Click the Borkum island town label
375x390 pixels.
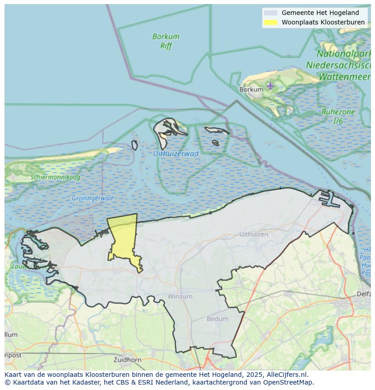point(251,90)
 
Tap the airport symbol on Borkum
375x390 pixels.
point(270,85)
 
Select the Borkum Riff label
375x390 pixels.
point(166,41)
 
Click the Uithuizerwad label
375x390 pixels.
point(176,154)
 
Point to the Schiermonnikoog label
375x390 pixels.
point(55,178)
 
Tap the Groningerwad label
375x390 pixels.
point(92,198)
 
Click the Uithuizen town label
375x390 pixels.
point(254,235)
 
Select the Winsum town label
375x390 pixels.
point(180,296)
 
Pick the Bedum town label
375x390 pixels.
point(217,319)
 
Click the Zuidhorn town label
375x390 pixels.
point(128,360)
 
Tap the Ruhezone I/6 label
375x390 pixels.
point(338,116)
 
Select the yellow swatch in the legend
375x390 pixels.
point(270,22)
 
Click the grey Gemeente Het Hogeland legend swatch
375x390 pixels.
point(270,13)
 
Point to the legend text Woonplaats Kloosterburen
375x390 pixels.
point(323,22)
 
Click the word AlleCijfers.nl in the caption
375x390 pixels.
point(288,375)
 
